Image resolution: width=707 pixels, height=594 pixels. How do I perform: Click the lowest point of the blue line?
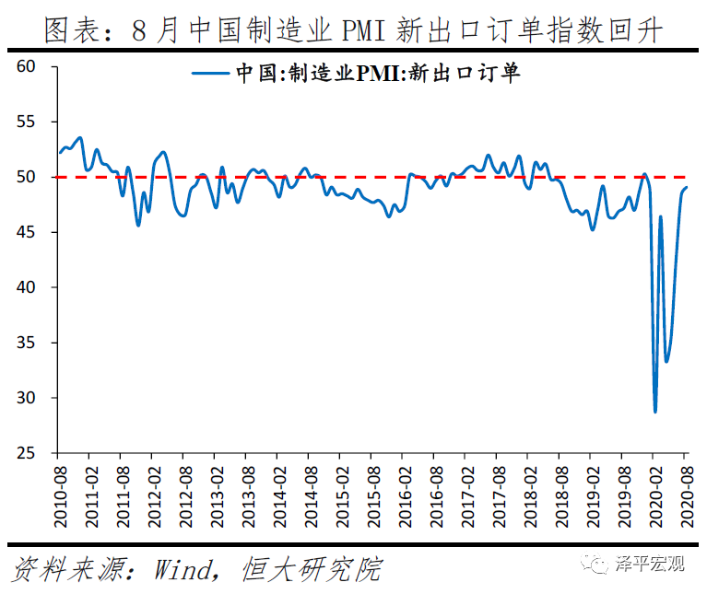coord(655,411)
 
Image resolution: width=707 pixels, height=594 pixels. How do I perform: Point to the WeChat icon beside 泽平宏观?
coord(601,565)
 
